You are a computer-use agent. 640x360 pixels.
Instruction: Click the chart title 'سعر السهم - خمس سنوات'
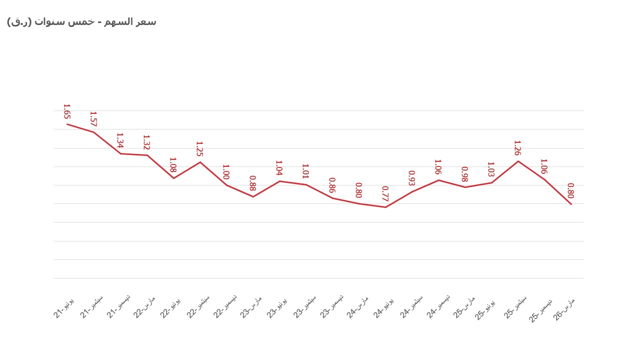coord(81,21)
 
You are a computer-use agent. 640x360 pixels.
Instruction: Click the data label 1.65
coord(66,111)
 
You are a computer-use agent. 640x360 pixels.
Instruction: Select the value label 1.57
coord(93,119)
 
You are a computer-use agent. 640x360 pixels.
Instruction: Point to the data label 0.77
coord(385,193)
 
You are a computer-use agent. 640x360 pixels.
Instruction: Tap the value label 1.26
coord(517,148)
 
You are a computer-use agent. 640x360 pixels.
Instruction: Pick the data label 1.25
coord(199,149)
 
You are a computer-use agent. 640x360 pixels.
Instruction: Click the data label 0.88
coord(252,183)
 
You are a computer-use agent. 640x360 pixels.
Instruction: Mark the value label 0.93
coord(411,178)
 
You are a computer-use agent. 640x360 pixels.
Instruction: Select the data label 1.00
coord(226,172)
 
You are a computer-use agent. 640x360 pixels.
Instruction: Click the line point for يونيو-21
coord(67,124)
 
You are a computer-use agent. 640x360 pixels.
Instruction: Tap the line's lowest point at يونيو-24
coord(385,207)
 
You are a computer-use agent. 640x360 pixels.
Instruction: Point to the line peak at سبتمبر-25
coord(518,161)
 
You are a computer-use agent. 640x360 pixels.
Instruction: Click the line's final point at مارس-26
coord(571,204)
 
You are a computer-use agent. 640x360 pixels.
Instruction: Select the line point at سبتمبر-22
coord(200,162)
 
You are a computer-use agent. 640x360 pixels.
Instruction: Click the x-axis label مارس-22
coord(144,306)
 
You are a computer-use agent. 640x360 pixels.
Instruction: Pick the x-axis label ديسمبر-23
coord(331,306)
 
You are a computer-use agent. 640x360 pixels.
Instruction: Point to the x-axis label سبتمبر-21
coord(92,306)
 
